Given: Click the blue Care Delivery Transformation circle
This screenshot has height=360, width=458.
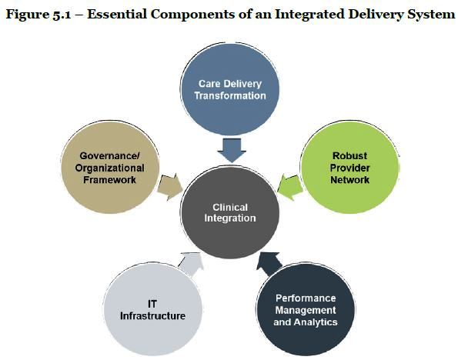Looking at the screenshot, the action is click(x=229, y=89).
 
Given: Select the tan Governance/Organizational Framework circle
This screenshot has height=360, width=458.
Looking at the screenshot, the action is click(x=110, y=167).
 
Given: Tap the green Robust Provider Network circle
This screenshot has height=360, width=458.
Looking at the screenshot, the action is click(x=349, y=167).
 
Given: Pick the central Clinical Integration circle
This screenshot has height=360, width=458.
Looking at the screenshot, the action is click(x=230, y=212).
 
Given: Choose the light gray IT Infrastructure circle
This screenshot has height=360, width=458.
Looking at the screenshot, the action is click(x=152, y=309).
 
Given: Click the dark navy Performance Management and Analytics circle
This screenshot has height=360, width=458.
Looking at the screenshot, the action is click(x=306, y=309).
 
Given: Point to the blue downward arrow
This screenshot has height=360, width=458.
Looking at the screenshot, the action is click(x=232, y=150).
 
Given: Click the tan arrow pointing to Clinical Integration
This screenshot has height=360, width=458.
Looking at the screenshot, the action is click(x=169, y=187).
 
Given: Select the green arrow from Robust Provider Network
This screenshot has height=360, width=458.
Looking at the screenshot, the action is click(x=290, y=187).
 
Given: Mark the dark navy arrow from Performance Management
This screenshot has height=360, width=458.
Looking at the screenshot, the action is click(x=269, y=264).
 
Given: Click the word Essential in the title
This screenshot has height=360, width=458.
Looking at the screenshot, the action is click(x=117, y=14).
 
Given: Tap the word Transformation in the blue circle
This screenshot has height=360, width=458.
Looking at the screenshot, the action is click(x=230, y=95).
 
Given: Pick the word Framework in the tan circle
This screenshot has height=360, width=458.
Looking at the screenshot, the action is click(x=109, y=179).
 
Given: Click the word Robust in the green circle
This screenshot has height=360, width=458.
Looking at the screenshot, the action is click(x=349, y=155).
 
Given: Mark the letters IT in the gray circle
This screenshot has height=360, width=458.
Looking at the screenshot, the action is click(x=152, y=304).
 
